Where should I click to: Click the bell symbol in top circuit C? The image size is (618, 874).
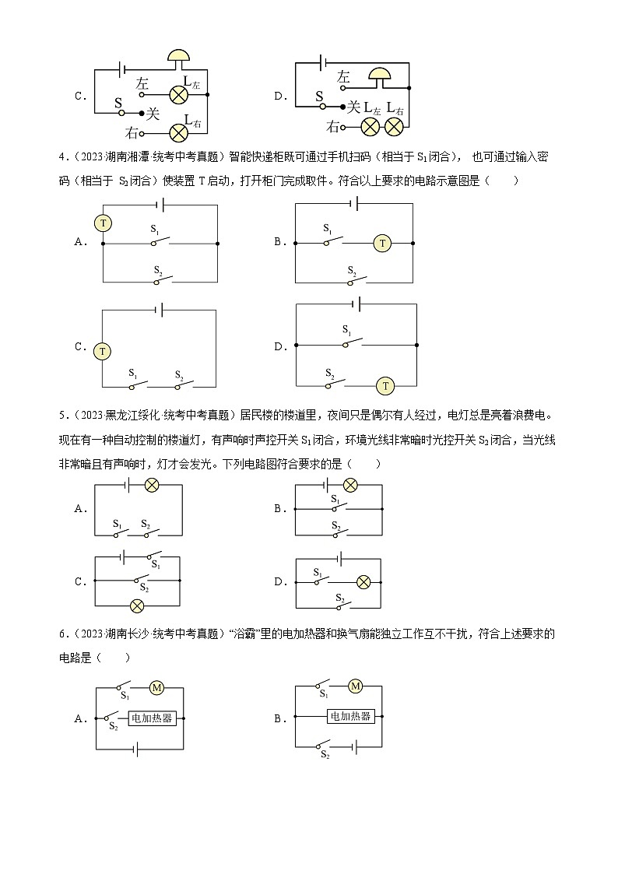pos(180,56)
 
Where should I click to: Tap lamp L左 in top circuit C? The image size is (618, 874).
pos(179,95)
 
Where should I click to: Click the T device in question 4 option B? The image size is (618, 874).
pos(382,244)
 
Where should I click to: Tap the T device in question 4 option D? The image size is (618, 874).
pos(384,385)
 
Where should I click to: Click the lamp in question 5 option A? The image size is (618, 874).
pos(153,485)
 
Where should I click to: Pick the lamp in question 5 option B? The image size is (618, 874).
pos(351,485)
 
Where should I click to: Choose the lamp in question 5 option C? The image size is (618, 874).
pos(137,605)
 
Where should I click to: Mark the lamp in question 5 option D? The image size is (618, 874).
pos(362,581)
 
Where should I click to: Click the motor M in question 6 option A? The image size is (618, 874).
pos(156,687)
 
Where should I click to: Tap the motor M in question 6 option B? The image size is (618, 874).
pos(356,686)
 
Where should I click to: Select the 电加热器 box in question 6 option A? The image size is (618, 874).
pos(153,718)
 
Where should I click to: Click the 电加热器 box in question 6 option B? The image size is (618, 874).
pos(350,716)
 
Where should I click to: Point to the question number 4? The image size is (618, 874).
pos(61,158)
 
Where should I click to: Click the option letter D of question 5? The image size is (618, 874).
pos(278,581)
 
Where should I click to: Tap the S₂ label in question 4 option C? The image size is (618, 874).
pos(178,374)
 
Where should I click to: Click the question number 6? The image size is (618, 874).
pos(61,634)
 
